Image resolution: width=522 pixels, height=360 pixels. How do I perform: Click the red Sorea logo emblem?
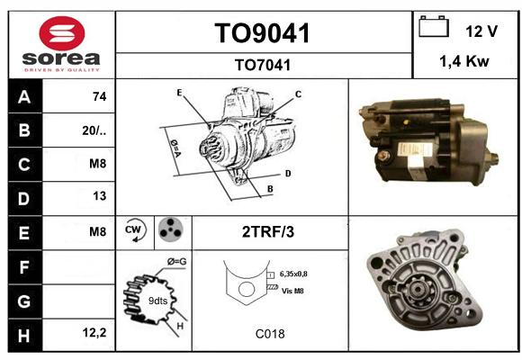coord(62,33)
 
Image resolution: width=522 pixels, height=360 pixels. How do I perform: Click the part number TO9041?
coord(263,33)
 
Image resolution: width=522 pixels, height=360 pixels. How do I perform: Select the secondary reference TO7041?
coord(263,65)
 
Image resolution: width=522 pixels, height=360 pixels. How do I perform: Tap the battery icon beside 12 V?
coord(434,26)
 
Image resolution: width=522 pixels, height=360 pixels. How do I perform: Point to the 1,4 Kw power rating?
coord(464,61)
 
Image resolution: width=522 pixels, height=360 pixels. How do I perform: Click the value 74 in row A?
coord(100,96)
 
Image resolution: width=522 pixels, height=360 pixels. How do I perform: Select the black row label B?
coord(25,130)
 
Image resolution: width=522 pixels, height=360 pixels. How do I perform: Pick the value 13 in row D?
coord(100,196)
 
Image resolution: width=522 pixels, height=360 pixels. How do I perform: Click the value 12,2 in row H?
coord(94,332)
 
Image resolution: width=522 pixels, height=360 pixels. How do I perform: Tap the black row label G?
coord(25,301)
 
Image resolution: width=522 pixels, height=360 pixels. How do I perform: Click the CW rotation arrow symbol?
coord(135,229)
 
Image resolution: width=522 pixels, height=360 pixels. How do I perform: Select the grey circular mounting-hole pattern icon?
coord(171,229)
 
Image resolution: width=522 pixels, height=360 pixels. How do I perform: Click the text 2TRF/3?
coord(268,232)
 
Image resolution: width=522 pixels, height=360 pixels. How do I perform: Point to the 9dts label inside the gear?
coord(157,301)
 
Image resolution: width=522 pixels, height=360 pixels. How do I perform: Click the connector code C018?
coord(270,334)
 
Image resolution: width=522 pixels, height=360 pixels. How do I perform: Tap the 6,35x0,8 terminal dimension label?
coord(293,274)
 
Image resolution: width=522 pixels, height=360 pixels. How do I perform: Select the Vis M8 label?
coord(292,291)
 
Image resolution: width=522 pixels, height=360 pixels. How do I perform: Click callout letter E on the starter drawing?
coord(179,93)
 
